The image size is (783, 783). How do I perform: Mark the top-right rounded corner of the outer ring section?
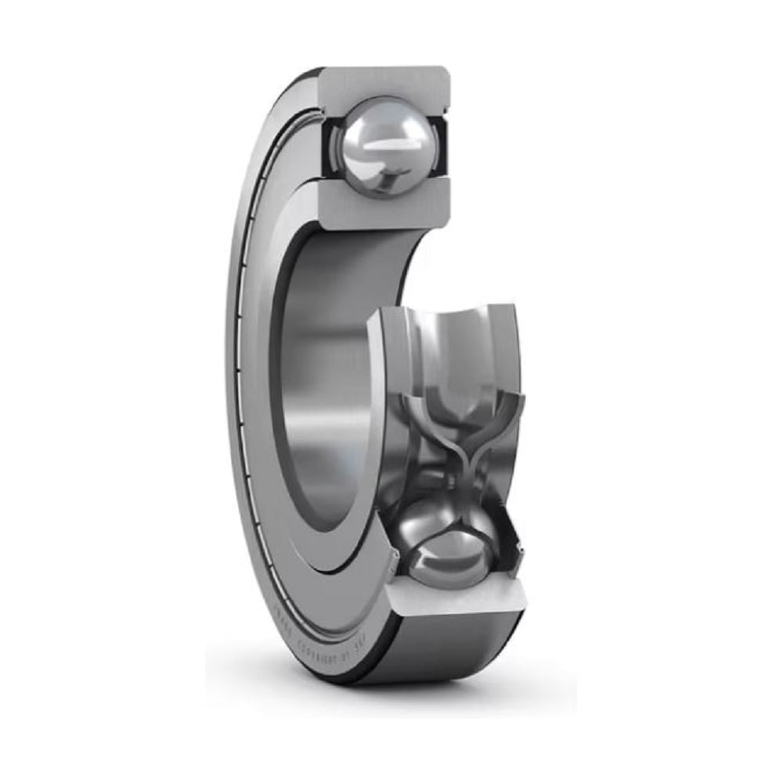(x=445, y=74)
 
